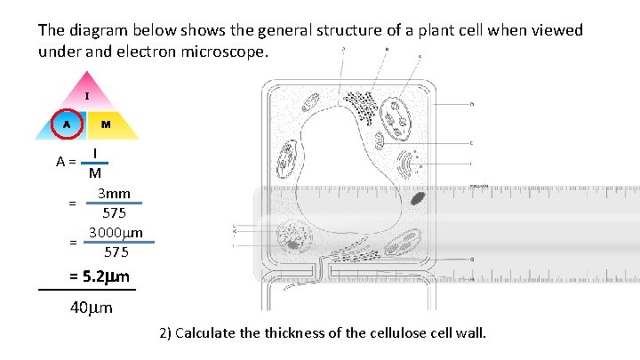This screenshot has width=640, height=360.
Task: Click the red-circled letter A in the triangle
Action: coord(66,124)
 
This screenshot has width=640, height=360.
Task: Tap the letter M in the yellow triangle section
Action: coord(106,124)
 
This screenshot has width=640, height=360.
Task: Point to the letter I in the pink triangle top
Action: coord(86,95)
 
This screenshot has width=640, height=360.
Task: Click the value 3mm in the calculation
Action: coord(114,194)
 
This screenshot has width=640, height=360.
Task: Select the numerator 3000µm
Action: coord(116,233)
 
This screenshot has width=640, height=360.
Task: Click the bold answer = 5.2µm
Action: coord(99,276)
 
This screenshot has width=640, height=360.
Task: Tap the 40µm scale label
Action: coord(91,309)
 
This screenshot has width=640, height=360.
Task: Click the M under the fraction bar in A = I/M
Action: coord(95,173)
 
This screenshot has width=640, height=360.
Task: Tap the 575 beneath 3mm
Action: coord(114,213)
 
